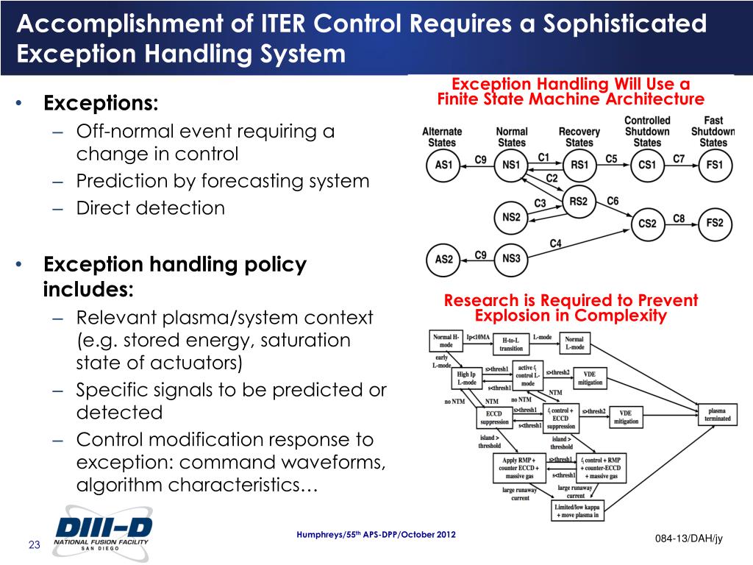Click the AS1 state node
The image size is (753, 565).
443,165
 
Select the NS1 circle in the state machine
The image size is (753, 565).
511,165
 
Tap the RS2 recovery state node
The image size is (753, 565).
579,202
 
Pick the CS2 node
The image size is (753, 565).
647,223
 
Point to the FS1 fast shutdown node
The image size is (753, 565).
714,165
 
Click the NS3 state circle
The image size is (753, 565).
511,259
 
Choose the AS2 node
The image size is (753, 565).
443,259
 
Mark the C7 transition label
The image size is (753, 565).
679,158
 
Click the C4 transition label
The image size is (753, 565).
556,244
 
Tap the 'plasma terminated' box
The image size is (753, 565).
718,414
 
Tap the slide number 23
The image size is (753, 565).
34,544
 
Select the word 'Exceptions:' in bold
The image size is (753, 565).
101,104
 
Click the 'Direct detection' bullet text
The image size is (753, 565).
150,208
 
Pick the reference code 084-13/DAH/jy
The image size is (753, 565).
688,539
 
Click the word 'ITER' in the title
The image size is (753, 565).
281,24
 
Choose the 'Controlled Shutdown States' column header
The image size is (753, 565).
647,131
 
